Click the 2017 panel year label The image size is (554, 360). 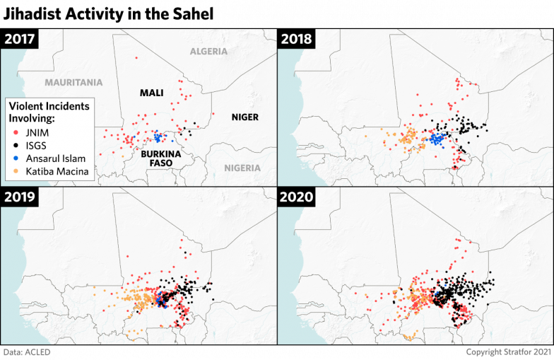(20, 39)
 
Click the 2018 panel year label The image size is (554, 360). (298, 39)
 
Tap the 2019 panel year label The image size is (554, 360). (20, 197)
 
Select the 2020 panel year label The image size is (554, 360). (298, 197)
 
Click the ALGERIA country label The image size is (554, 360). (208, 52)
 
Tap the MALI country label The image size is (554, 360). (152, 93)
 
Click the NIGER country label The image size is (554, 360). (245, 117)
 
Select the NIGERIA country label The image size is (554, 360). (242, 168)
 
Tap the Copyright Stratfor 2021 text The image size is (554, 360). (508, 352)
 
